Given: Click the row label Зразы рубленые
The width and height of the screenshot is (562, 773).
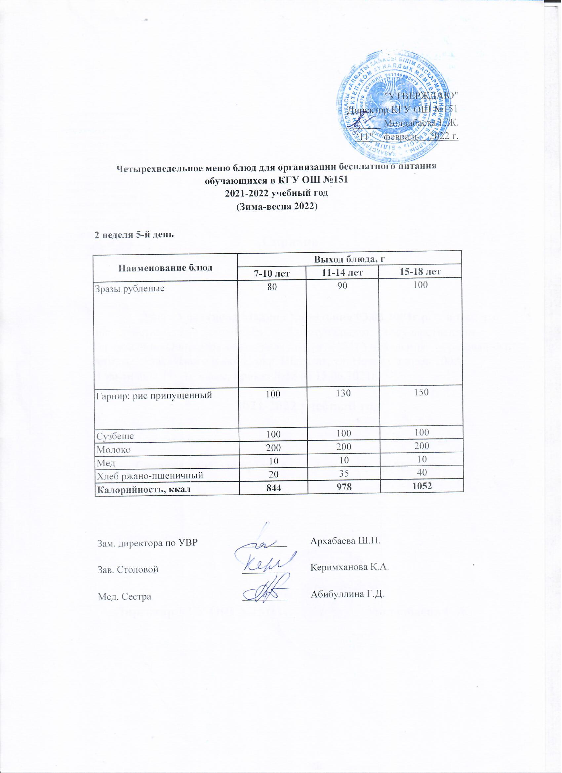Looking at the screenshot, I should (x=131, y=289).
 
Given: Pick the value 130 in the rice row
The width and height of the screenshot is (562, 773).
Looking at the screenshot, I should (x=342, y=394).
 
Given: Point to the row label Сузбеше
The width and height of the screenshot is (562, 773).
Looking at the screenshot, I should (x=115, y=436).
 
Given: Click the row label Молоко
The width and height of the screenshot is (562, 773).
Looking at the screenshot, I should (x=114, y=450).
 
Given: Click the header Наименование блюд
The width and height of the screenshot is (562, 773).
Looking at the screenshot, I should (x=165, y=267).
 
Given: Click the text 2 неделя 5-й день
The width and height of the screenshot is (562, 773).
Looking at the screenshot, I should (x=134, y=235).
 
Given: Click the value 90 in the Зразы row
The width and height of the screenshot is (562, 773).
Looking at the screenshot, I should (x=342, y=286).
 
